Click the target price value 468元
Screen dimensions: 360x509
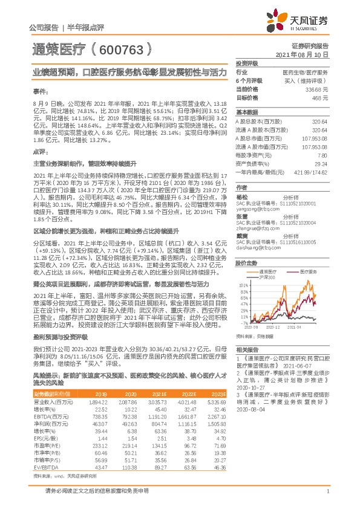[320, 97]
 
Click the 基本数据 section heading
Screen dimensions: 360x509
[246, 112]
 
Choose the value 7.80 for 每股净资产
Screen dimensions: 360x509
[322, 155]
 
